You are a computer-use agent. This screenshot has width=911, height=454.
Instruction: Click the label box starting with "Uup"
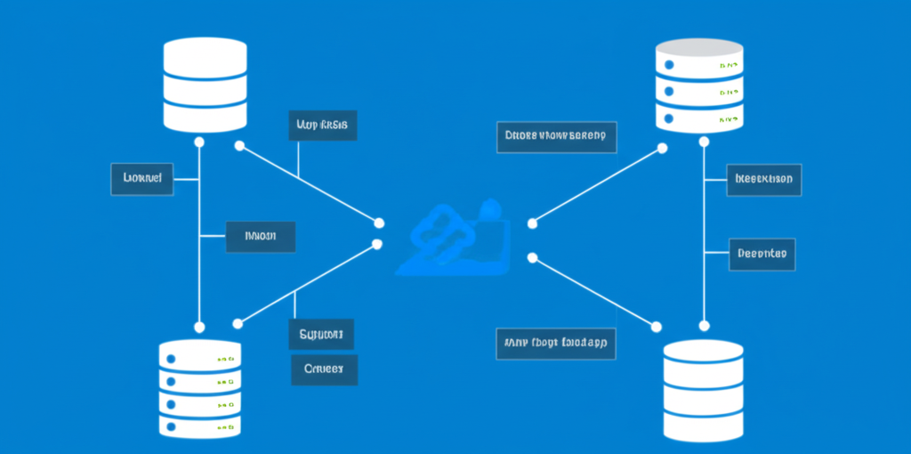point(323,126)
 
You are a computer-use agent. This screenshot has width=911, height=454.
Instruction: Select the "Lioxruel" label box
point(141,179)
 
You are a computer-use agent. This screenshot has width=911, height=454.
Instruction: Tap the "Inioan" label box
point(259,237)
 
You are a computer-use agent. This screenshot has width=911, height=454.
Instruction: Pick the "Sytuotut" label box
point(321,335)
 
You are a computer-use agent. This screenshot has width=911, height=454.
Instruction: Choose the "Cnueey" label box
point(324,369)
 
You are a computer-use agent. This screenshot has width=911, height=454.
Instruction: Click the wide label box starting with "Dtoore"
point(556,136)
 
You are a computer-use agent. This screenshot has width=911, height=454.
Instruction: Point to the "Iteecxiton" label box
point(764,179)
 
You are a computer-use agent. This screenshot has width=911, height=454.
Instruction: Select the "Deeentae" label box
point(762,254)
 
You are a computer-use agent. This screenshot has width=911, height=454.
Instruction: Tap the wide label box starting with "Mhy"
point(555,342)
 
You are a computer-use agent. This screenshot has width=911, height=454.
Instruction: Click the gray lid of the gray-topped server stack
point(698,47)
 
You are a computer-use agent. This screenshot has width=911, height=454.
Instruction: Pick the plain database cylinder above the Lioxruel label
point(205,85)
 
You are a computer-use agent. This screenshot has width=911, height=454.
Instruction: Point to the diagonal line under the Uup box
point(307,182)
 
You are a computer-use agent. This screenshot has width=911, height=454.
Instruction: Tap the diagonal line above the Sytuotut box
point(307,283)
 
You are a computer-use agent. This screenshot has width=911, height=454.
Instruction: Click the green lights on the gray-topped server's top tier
point(730,66)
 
